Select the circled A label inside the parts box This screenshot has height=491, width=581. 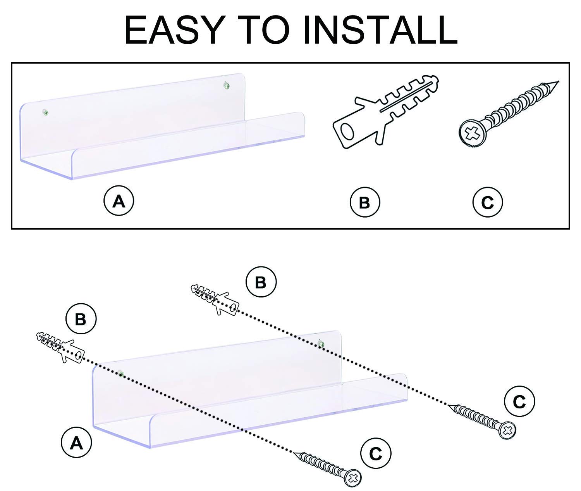[119, 201]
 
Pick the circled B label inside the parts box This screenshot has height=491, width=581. [365, 202]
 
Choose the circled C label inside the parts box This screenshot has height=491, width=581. [487, 202]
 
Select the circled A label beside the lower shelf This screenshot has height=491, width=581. [76, 443]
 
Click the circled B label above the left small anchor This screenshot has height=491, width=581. [81, 319]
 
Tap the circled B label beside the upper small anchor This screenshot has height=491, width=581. [261, 282]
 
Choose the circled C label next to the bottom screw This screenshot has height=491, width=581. [375, 453]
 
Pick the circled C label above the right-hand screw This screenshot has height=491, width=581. [519, 402]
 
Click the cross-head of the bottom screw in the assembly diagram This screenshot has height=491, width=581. [352, 477]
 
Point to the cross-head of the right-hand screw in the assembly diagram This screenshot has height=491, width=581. [508, 430]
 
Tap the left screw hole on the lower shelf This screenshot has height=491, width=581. [121, 374]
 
